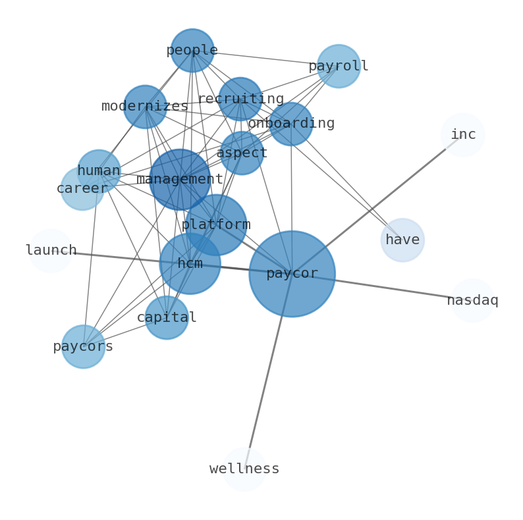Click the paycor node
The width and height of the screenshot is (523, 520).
tap(292, 274)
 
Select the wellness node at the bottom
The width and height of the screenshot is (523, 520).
tap(244, 469)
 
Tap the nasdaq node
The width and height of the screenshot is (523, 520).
tap(472, 301)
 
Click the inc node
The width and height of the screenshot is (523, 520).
tap(463, 135)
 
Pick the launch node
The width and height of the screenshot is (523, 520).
tap(51, 251)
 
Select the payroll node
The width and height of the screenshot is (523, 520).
tap(339, 66)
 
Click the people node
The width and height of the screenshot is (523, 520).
tap(192, 51)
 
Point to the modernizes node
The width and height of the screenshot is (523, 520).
tap(145, 107)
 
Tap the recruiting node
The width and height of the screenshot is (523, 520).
tap(240, 99)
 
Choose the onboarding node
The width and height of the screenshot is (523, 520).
tap(290, 124)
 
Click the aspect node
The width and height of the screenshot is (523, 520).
tap(242, 153)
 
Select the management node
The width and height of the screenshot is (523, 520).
tap(180, 180)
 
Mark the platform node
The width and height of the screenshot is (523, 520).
tap(216, 225)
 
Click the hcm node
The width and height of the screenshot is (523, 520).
tap(190, 264)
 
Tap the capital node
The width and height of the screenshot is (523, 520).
tap(167, 318)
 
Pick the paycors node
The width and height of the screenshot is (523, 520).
tap(83, 347)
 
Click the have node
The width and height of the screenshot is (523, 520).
tap(402, 240)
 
